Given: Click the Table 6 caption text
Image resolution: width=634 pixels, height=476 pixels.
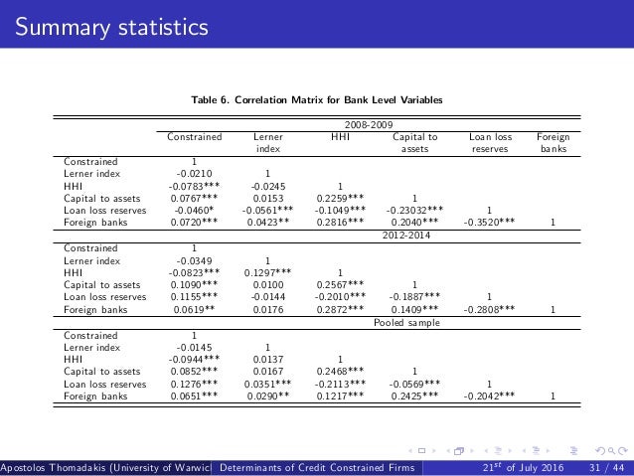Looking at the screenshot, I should (x=317, y=100).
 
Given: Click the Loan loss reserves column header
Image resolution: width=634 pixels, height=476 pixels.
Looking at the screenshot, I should (x=489, y=143).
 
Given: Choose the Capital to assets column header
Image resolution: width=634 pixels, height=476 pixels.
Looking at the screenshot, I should (x=414, y=143).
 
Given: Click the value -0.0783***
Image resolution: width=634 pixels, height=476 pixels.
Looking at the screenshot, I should (x=193, y=184).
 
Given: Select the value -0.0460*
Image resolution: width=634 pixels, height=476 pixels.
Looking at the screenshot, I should (x=193, y=211).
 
